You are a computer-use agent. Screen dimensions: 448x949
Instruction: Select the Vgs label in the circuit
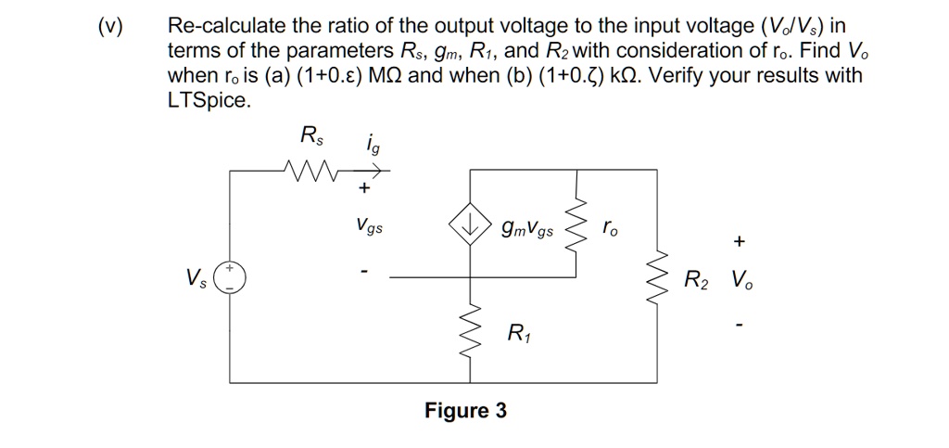pyautogui.click(x=368, y=225)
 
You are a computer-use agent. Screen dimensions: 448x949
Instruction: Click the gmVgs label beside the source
pyautogui.click(x=526, y=226)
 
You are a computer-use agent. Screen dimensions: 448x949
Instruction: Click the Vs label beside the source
pyautogui.click(x=196, y=276)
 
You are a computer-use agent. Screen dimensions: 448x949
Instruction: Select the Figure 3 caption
pyautogui.click(x=465, y=410)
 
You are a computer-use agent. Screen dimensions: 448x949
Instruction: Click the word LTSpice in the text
pyautogui.click(x=209, y=100)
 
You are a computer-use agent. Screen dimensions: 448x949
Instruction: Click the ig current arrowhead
pyautogui.click(x=384, y=171)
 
